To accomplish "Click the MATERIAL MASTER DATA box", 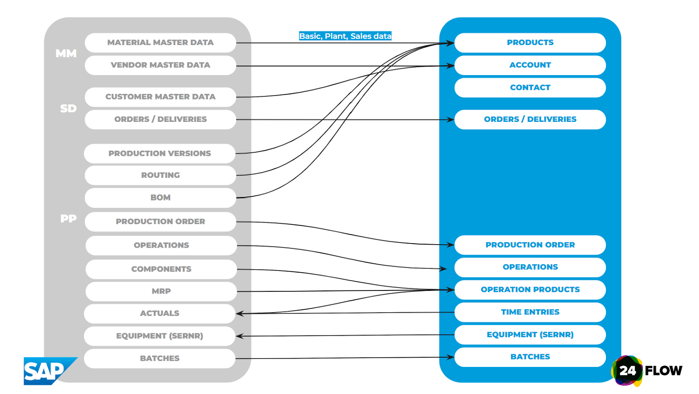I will (160, 43).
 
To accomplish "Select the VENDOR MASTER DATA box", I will (160, 65).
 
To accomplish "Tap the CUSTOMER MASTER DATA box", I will (160, 97).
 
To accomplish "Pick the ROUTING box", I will (160, 175).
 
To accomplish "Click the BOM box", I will (160, 198).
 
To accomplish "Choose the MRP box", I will (161, 291).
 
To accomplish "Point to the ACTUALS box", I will (159, 314).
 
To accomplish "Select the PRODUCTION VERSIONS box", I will (159, 154).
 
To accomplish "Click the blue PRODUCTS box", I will (530, 43).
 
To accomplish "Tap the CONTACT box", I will (530, 88).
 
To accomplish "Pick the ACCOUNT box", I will (530, 65).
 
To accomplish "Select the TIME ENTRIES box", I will (530, 312).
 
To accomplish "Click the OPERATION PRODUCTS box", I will (530, 290).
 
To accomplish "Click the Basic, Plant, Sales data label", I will (345, 36).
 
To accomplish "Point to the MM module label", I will (66, 54).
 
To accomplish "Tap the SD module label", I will (68, 108).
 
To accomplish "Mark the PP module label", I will (68, 218).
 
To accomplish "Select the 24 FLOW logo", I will (647, 371).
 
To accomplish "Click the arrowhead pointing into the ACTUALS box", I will (239, 313).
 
